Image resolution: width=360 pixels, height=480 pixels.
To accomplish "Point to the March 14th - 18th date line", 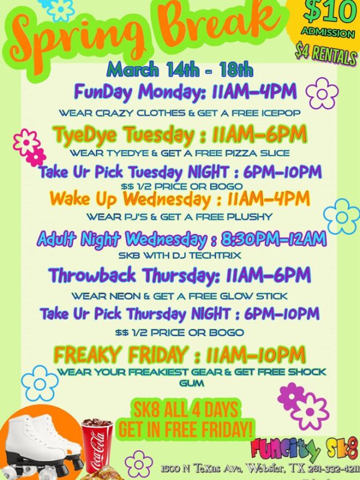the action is pyautogui.click(x=179, y=70).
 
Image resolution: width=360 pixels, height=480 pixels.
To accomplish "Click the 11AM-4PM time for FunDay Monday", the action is pyautogui.click(x=254, y=91).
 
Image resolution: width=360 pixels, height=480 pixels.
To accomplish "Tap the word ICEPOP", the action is pyautogui.click(x=281, y=113).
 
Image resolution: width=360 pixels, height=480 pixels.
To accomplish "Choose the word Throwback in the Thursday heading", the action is pyautogui.click(x=92, y=275).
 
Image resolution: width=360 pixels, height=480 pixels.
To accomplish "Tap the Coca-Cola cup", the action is pyautogui.click(x=97, y=445).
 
